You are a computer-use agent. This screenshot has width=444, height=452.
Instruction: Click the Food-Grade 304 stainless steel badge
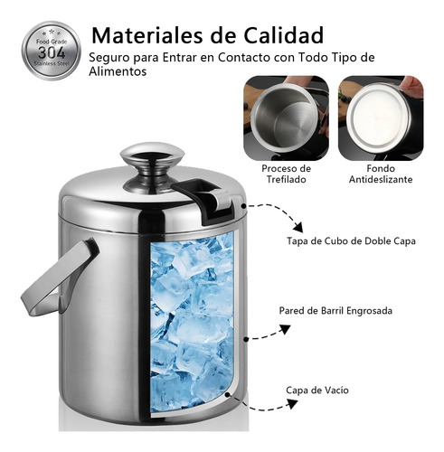coord(52,51)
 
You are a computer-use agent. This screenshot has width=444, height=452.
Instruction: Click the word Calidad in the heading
coord(283,35)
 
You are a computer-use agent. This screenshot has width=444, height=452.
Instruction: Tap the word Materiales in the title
coord(147,35)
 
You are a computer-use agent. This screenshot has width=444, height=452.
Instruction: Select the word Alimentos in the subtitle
coord(118,71)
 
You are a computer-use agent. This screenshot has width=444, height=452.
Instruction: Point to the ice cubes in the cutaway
coord(192,324)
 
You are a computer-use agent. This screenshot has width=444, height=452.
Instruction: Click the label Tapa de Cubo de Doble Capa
coord(351,241)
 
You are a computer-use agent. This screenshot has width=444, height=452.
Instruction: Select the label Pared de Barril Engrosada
coord(335,311)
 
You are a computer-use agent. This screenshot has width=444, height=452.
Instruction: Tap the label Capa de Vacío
coord(317,391)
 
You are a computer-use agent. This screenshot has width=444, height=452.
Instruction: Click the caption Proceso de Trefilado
coord(286,174)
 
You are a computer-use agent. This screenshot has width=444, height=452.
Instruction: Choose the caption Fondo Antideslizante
coord(381,174)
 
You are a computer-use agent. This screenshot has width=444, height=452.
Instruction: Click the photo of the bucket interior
coord(286,118)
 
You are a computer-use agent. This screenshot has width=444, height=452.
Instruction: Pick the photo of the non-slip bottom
coord(381,118)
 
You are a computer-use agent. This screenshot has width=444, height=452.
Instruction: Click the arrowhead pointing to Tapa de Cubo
coord(298,227)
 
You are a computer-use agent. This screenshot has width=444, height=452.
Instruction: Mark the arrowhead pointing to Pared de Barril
coord(285,329)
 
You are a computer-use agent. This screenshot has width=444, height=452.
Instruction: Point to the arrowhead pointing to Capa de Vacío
coord(292,404)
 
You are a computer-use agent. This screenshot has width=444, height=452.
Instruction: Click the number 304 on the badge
coord(52,53)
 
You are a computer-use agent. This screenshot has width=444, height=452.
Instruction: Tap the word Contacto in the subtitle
coord(244,57)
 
